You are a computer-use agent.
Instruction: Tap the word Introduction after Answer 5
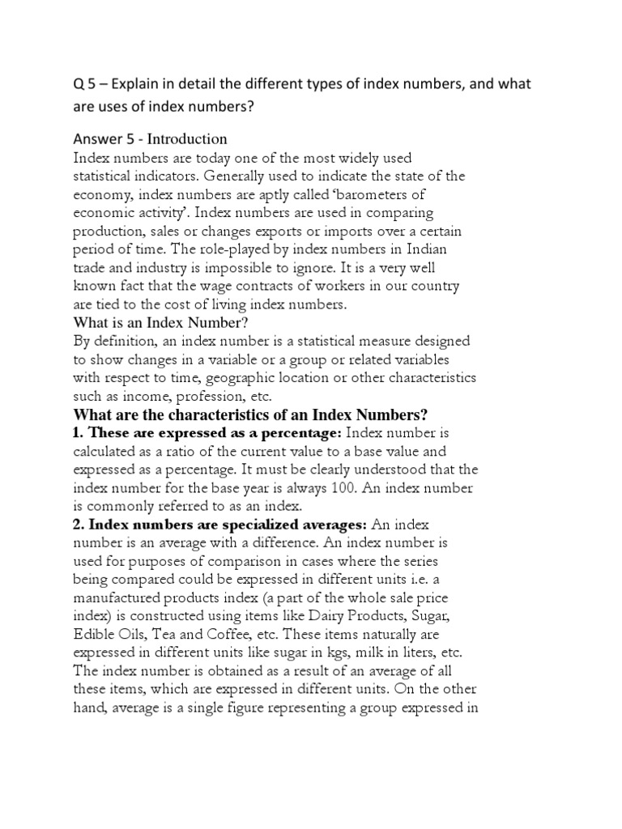(187, 138)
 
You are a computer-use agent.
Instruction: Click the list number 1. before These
(79, 434)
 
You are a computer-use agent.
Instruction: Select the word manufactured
(118, 597)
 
